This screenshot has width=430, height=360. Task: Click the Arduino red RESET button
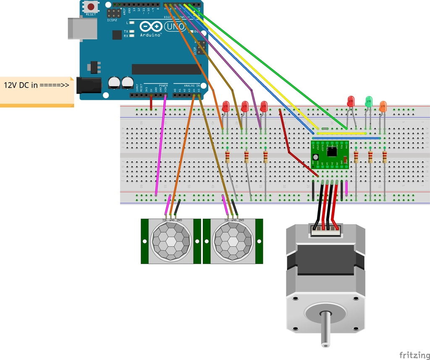(x=91, y=7)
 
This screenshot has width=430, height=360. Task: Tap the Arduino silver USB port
(x=82, y=29)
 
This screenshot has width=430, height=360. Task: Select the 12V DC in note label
(x=37, y=85)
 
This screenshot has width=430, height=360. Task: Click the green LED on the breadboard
(x=369, y=101)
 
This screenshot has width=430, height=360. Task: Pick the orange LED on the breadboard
(x=383, y=106)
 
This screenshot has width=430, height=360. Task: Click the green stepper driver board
(x=330, y=154)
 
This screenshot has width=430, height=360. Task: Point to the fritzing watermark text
(x=414, y=355)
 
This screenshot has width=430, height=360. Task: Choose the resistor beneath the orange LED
(x=385, y=157)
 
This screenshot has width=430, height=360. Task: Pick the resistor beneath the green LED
(x=370, y=157)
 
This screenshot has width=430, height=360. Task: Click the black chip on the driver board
(x=332, y=151)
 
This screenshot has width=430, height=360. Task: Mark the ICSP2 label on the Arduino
(x=112, y=20)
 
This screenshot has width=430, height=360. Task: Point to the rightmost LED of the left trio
(x=264, y=107)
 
